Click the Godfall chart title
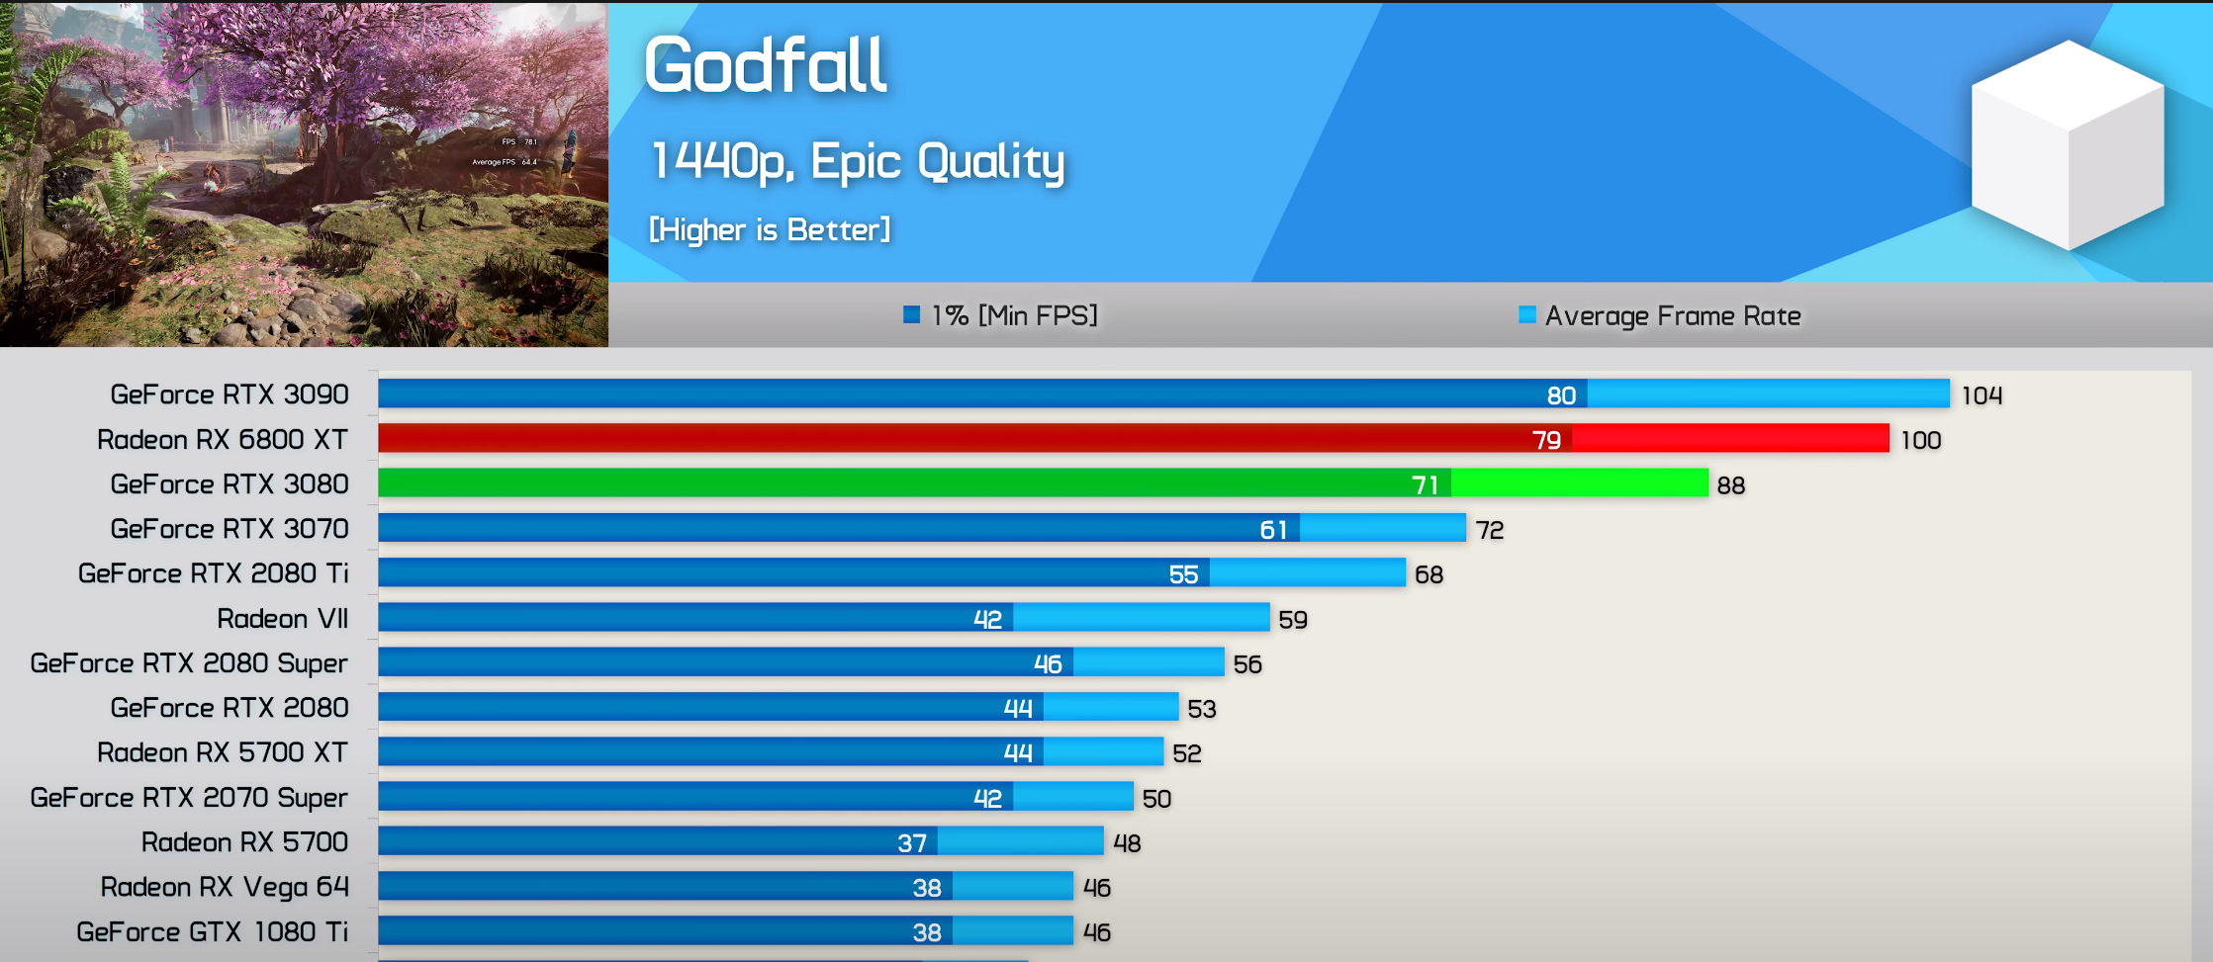coord(765,65)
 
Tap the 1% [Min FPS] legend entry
coord(1001,315)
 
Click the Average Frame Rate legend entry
coord(1660,315)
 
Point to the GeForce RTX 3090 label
coord(230,394)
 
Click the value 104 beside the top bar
coord(1982,395)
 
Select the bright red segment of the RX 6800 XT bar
coord(1730,439)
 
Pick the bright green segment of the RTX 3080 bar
coord(1579,483)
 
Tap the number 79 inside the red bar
coord(1546,440)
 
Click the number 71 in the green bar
coord(1425,484)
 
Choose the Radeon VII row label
coord(283,619)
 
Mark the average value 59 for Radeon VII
coord(1293,620)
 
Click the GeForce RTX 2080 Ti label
coord(214,573)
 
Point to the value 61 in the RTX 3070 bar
coord(1273,530)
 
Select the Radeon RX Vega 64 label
coord(225,887)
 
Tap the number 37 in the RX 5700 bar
coord(912,843)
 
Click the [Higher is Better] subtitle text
coord(770,230)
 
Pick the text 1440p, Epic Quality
coord(858,161)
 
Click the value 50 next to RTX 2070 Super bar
coord(1156,799)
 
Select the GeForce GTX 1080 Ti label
coord(213,932)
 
